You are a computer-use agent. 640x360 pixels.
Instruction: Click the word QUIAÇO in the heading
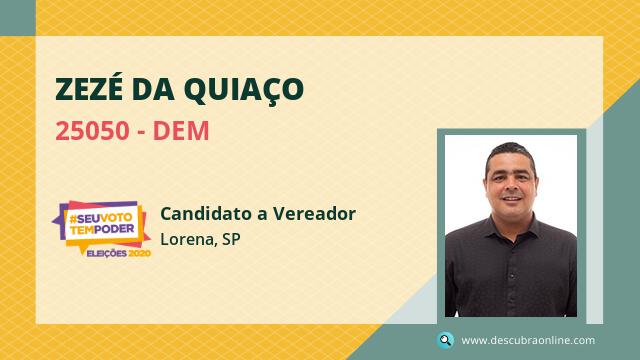244,89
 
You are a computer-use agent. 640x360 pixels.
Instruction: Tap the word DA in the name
153,89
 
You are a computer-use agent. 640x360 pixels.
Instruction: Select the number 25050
92,131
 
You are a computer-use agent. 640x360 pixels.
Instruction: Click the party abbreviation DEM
181,131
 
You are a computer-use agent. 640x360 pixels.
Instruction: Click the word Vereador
314,213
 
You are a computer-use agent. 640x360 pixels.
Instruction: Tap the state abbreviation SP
231,240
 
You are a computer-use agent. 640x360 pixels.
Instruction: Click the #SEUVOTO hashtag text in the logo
101,219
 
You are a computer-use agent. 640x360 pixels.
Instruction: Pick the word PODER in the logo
114,229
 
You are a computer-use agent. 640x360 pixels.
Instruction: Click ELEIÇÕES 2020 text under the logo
119,253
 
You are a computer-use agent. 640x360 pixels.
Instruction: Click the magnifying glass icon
445,340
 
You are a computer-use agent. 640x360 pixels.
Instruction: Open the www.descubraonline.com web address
528,340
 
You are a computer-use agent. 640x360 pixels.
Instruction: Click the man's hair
510,153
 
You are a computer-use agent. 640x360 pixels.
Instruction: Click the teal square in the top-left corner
18,18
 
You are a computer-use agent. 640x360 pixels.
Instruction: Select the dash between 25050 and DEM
141,132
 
